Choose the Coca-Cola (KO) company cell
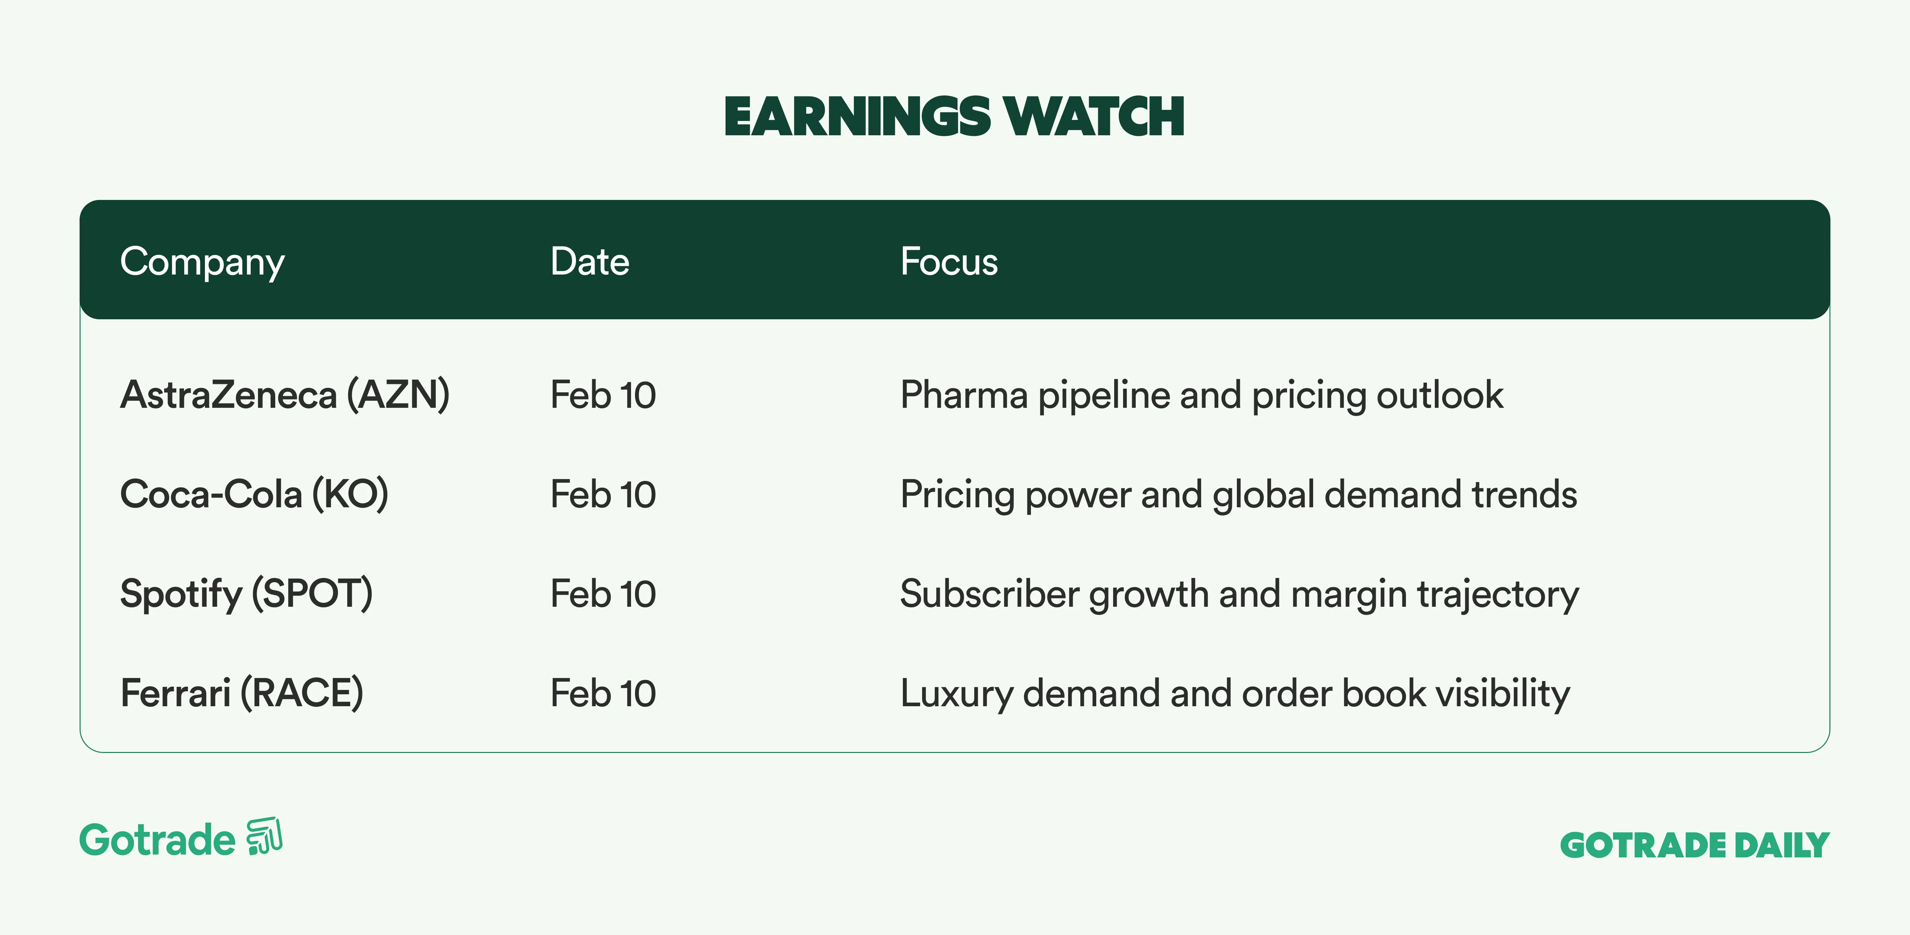[x=254, y=495]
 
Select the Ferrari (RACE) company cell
[x=242, y=693]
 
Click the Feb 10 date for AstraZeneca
[x=603, y=395]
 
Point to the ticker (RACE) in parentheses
[x=302, y=693]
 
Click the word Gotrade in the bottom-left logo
[x=157, y=840]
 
